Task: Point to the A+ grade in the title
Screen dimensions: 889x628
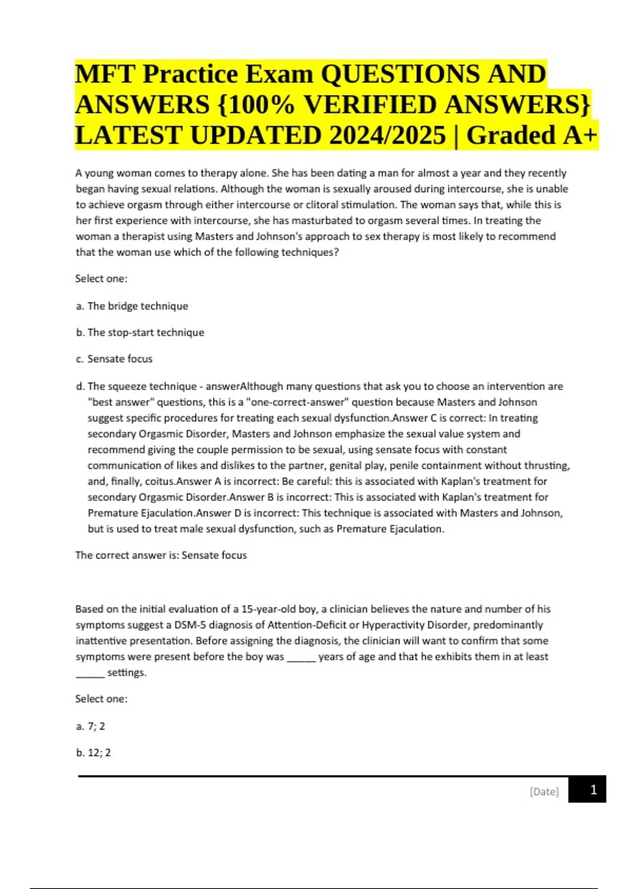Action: pyautogui.click(x=580, y=135)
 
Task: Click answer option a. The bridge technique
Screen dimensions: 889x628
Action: pyautogui.click(x=132, y=306)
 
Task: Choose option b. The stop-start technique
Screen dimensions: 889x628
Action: pyautogui.click(x=140, y=333)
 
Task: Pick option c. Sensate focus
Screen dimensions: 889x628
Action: pyautogui.click(x=114, y=359)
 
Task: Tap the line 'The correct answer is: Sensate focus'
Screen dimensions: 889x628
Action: pyautogui.click(x=161, y=555)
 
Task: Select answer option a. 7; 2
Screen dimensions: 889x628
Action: pyautogui.click(x=91, y=726)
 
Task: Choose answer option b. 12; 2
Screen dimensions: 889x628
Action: pyautogui.click(x=93, y=753)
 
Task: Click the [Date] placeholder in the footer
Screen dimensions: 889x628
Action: pyautogui.click(x=544, y=792)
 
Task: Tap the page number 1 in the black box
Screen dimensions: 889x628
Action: pyautogui.click(x=593, y=790)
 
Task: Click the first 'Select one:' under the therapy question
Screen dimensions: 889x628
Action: pyautogui.click(x=101, y=279)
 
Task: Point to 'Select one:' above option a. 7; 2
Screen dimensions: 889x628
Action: pyautogui.click(x=101, y=699)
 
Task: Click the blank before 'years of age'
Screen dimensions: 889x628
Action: pyautogui.click(x=301, y=657)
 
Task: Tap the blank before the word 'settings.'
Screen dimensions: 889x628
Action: pyautogui.click(x=90, y=673)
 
